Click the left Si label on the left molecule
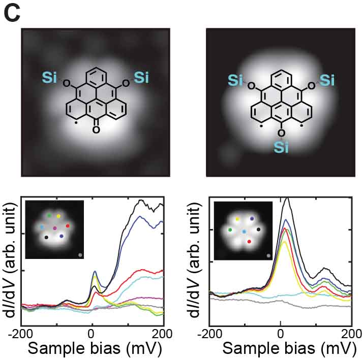(x=50, y=77)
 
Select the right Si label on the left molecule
(x=141, y=77)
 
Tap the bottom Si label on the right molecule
(x=281, y=147)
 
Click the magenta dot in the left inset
(x=55, y=228)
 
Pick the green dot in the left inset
(x=49, y=215)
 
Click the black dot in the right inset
(x=259, y=230)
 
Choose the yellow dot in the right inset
(x=237, y=219)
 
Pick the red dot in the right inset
(x=249, y=242)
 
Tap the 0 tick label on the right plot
(x=281, y=334)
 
